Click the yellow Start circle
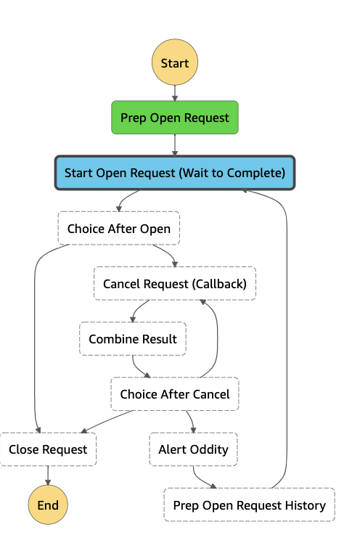(x=175, y=62)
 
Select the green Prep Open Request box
(x=175, y=118)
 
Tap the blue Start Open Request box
(x=175, y=173)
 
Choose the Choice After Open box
(x=119, y=228)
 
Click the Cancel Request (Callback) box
(x=175, y=283)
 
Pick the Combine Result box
(x=133, y=339)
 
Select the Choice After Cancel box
(x=175, y=394)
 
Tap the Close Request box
(x=48, y=449)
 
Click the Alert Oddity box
(x=193, y=449)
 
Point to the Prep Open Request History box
(x=249, y=505)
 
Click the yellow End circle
(x=48, y=505)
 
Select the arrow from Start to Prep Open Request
(x=175, y=93)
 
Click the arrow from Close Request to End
(x=48, y=476)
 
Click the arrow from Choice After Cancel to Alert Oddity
(x=192, y=421)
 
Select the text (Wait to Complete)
(x=232, y=174)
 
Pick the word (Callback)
(x=219, y=284)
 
